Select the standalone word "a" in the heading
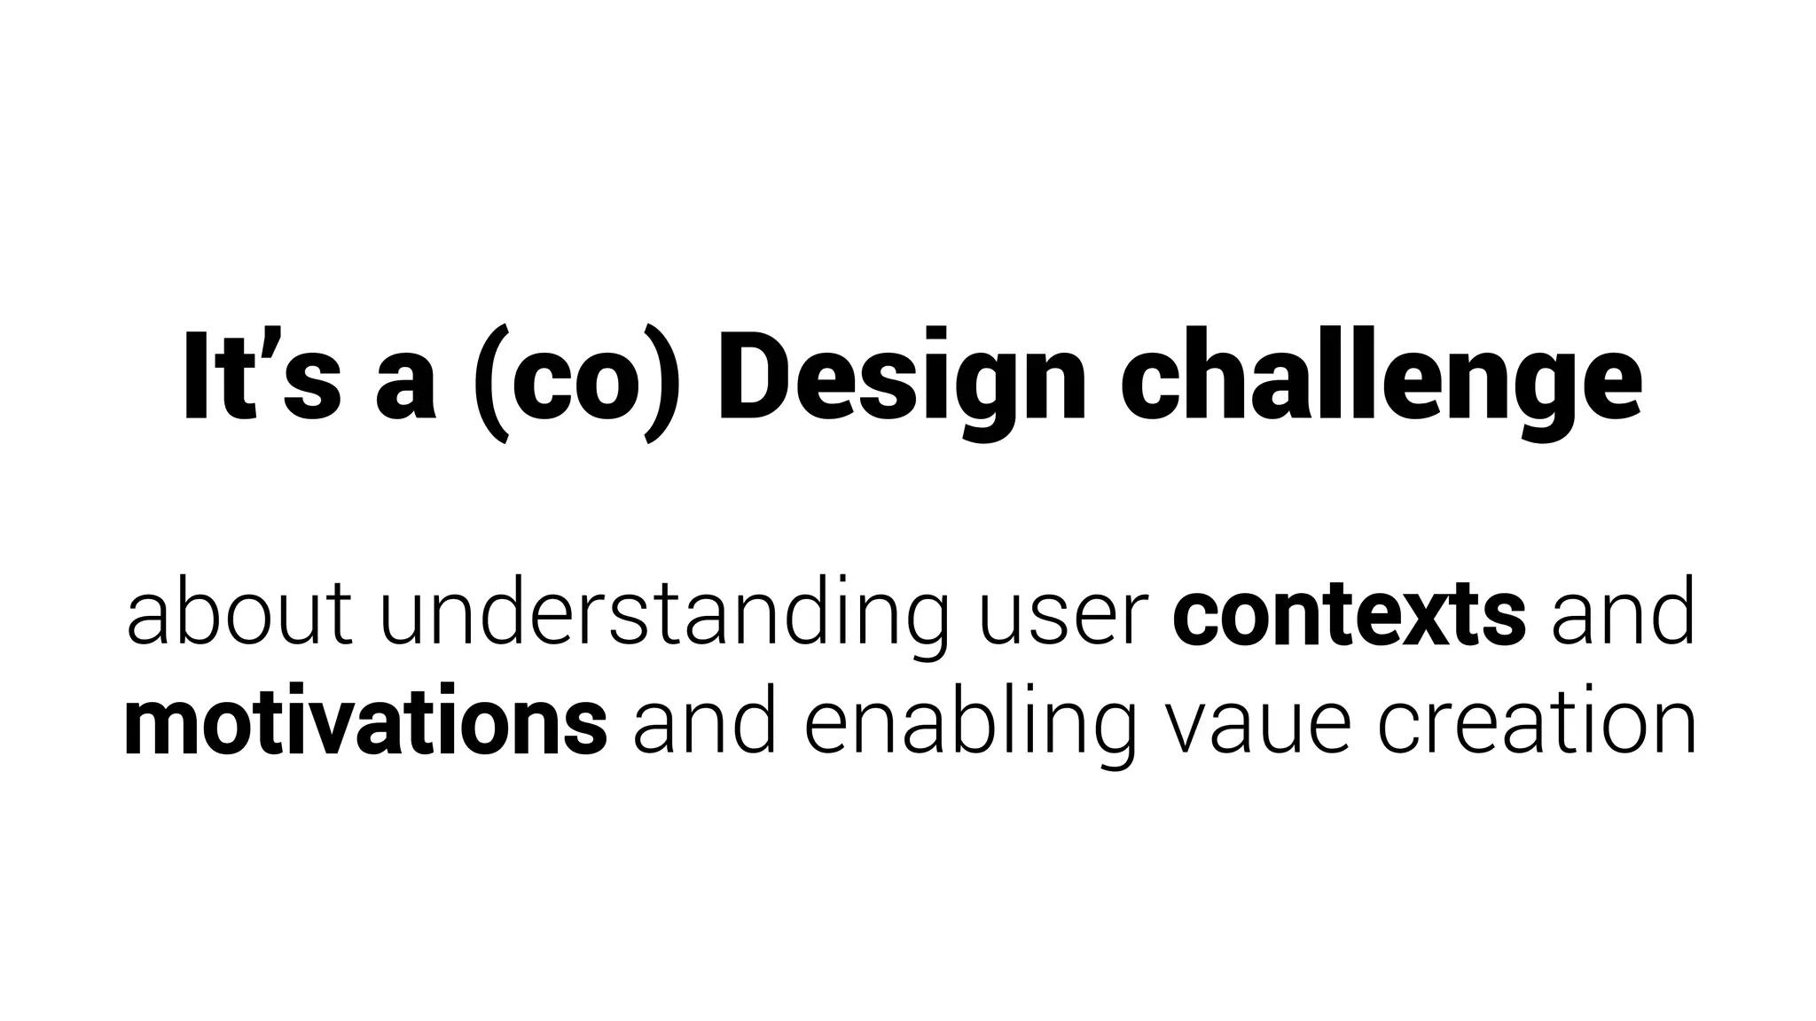(x=406, y=386)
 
